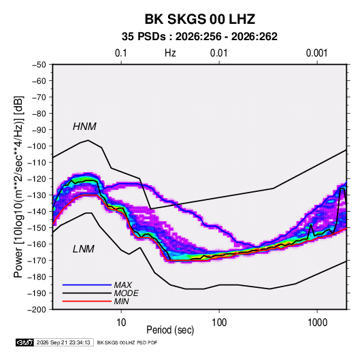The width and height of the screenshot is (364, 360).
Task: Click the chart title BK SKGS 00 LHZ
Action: coord(200,19)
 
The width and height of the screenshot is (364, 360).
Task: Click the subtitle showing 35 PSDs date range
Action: coord(199,37)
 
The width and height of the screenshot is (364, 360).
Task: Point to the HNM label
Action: coord(84,127)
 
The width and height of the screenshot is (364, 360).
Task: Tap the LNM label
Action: coord(84,249)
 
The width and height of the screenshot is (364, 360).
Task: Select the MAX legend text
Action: coord(122,285)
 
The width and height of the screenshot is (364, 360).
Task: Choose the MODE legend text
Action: coord(126,293)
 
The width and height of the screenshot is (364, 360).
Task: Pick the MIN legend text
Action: coord(121,301)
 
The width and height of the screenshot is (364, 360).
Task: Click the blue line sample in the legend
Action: coord(87,285)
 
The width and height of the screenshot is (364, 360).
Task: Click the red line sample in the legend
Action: coord(87,301)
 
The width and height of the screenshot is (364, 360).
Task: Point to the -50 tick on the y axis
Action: coord(39,65)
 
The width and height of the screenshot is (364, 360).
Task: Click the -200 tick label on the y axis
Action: coord(37,310)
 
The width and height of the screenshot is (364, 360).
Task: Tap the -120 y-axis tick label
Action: coord(37,179)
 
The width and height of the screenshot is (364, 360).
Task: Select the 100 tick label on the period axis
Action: coord(219,323)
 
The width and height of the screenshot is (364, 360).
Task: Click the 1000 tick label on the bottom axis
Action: coord(317,323)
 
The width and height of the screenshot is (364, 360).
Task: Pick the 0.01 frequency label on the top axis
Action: coord(219,53)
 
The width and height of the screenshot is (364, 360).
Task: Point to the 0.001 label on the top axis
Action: coord(317,53)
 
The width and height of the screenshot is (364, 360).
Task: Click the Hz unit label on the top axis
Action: coord(170,53)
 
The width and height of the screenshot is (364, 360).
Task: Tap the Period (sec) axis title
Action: coord(170,330)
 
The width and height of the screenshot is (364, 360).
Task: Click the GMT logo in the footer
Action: coord(25,342)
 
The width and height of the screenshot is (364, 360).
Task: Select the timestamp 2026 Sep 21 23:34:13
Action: coord(63,342)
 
